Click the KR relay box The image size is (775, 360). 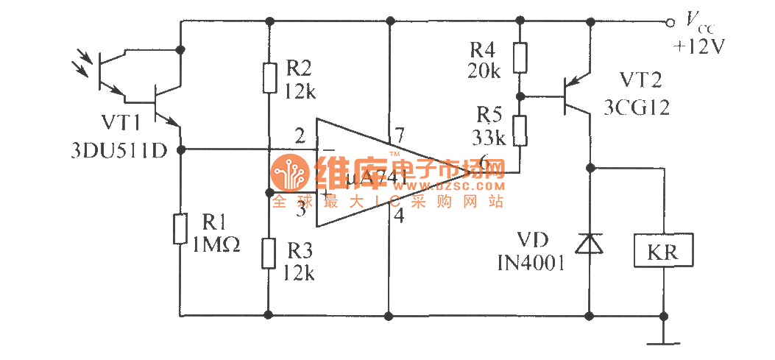tap(663, 253)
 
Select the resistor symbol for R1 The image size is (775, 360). tap(180, 228)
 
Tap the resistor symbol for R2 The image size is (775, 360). tap(269, 78)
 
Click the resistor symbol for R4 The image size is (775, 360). tap(520, 58)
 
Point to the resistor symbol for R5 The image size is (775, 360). tap(520, 130)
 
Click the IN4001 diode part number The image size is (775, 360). tap(530, 261)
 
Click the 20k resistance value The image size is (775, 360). tap(484, 71)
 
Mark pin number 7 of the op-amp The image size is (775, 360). tap(400, 134)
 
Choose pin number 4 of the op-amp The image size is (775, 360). tap(399, 216)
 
